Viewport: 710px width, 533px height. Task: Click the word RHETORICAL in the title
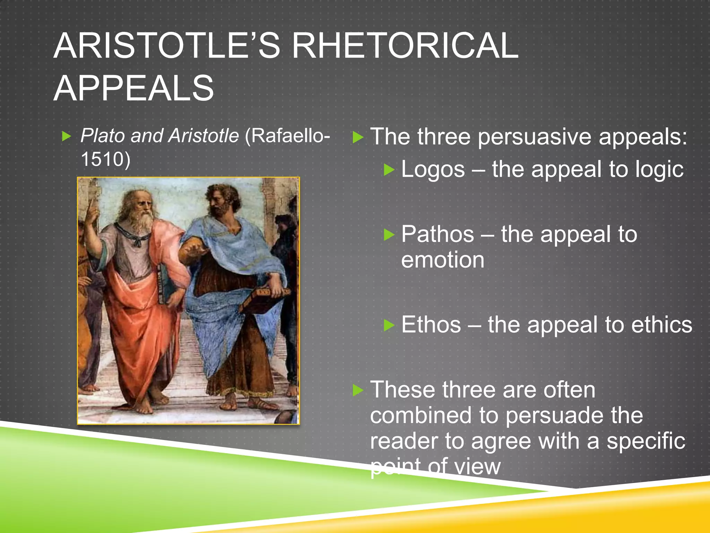[x=405, y=46]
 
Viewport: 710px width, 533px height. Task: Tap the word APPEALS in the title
[x=134, y=88]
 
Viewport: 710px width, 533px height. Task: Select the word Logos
[x=433, y=170]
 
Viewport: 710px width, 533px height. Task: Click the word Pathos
[x=438, y=234]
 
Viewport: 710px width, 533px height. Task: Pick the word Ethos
[x=431, y=325]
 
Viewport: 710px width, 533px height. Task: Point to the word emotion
[x=443, y=260]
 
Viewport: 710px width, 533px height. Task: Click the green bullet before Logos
[x=389, y=170]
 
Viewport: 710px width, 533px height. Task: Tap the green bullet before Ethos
[x=389, y=325]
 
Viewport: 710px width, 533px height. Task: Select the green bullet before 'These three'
[x=358, y=390]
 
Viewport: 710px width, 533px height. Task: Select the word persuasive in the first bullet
[x=534, y=137]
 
